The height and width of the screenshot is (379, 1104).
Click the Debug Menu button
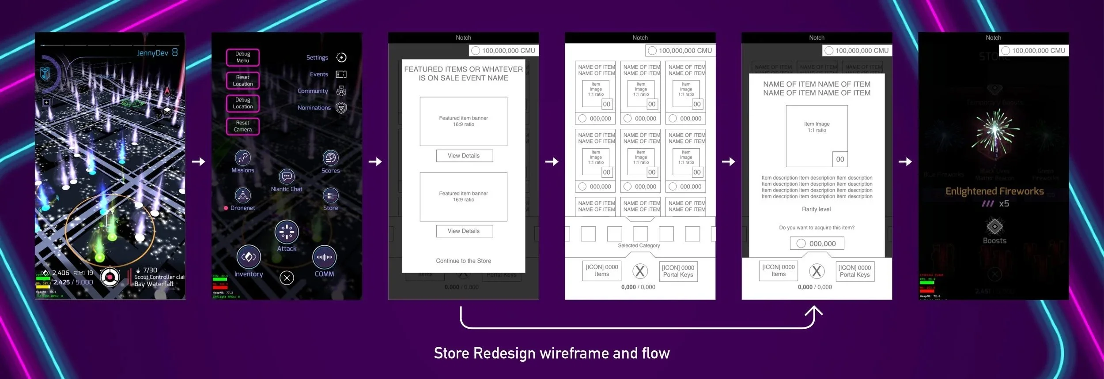pyautogui.click(x=242, y=57)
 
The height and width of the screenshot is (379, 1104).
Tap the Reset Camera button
pyautogui.click(x=242, y=126)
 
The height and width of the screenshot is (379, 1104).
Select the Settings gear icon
pyautogui.click(x=341, y=57)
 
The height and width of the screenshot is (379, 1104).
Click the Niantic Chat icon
pyautogui.click(x=287, y=177)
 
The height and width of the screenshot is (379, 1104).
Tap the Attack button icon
pyautogui.click(x=287, y=232)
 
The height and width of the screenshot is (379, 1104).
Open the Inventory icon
pyautogui.click(x=249, y=257)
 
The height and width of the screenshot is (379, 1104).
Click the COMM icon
pyautogui.click(x=324, y=257)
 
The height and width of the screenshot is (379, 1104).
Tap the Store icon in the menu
pyautogui.click(x=330, y=195)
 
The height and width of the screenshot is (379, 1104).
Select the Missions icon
pyautogui.click(x=243, y=158)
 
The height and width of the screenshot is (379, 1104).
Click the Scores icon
pyautogui.click(x=330, y=158)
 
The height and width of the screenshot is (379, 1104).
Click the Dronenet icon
pyautogui.click(x=242, y=195)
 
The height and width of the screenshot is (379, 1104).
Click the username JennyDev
pyautogui.click(x=152, y=53)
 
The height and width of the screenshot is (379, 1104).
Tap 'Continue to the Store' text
pyautogui.click(x=463, y=261)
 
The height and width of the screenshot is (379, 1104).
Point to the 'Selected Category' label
pyautogui.click(x=639, y=245)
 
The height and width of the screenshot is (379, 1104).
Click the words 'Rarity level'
pyautogui.click(x=816, y=209)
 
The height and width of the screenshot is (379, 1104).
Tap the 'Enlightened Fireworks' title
pyautogui.click(x=994, y=191)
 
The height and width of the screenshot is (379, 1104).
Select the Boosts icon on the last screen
pyautogui.click(x=994, y=227)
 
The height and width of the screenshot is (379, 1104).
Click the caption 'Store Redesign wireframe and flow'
pyautogui.click(x=552, y=353)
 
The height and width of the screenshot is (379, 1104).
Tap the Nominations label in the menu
pyautogui.click(x=314, y=108)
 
